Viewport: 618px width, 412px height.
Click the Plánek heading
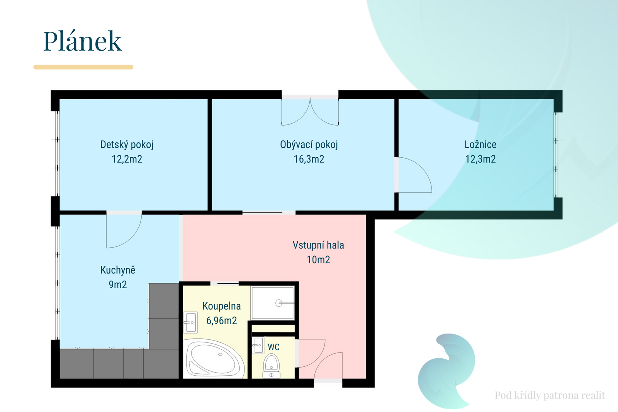[x=82, y=41]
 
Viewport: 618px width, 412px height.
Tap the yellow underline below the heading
[x=83, y=67]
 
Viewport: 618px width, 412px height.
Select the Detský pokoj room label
[x=127, y=145]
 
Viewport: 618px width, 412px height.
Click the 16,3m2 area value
[x=309, y=159]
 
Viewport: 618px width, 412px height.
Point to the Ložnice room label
[x=480, y=145]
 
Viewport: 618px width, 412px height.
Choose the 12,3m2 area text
[x=480, y=159]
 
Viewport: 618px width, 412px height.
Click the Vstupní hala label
[x=318, y=245]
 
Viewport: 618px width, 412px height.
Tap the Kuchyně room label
[x=118, y=270]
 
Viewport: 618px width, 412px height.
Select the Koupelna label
[x=222, y=306]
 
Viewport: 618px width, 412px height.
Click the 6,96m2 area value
[x=222, y=321]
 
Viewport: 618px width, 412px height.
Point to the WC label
[x=274, y=347]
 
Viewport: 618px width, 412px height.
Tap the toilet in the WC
[x=272, y=366]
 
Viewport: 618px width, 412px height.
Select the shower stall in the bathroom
[x=272, y=303]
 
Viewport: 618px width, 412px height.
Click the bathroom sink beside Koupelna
[x=190, y=322]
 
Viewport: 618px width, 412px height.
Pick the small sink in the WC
[x=258, y=345]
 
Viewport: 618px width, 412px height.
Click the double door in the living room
[x=310, y=111]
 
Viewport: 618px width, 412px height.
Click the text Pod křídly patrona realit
[x=550, y=395]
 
